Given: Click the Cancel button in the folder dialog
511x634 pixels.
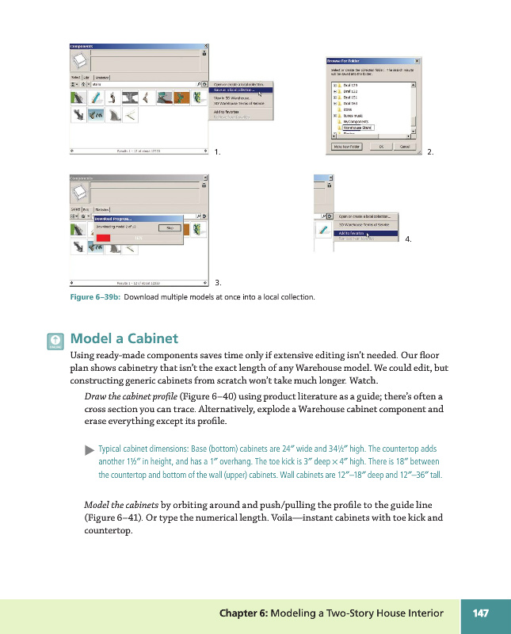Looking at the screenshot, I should coord(404,147).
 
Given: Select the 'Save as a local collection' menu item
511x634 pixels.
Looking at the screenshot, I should coord(241,90).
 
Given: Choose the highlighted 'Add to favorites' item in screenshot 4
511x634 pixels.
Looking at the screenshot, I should coord(353,233).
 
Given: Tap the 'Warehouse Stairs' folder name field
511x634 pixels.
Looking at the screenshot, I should coord(357,127).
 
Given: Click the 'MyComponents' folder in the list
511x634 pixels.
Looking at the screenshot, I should coord(356,120).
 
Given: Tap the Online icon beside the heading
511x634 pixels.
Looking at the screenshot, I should coord(55,341).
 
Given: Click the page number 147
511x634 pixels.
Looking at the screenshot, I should coord(480,613).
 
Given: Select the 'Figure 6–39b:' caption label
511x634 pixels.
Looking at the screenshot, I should coord(94,297).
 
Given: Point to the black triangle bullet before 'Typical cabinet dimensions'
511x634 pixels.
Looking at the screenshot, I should coord(88,449).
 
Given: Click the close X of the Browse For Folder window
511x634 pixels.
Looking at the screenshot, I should coord(416,60).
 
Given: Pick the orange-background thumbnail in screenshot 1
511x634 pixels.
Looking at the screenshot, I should coord(165,97).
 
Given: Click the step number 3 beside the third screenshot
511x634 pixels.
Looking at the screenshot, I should coord(218,281).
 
